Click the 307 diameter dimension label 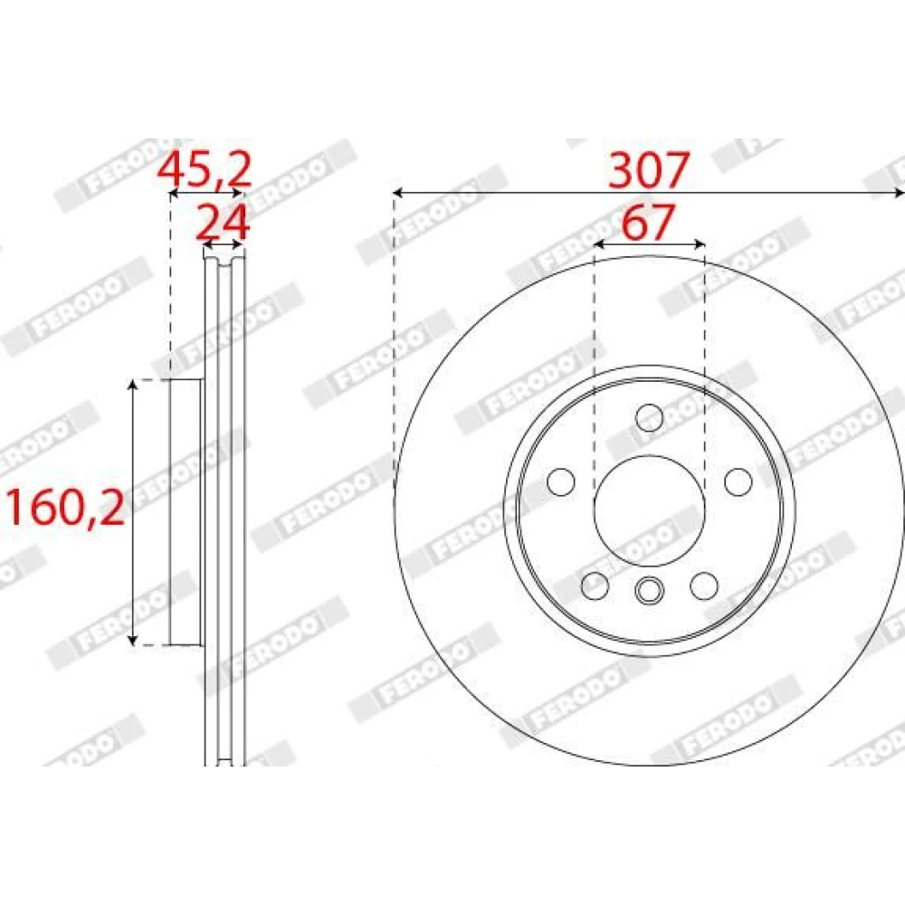pos(649,169)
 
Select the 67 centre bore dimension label pos(648,222)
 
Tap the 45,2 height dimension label pos(205,169)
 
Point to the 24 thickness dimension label pos(223,222)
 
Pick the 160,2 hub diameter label pos(65,507)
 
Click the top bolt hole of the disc pos(649,418)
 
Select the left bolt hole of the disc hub pos(560,482)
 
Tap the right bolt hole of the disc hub pos(738,482)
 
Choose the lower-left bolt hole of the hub pos(595,586)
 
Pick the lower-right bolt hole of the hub pos(704,586)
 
